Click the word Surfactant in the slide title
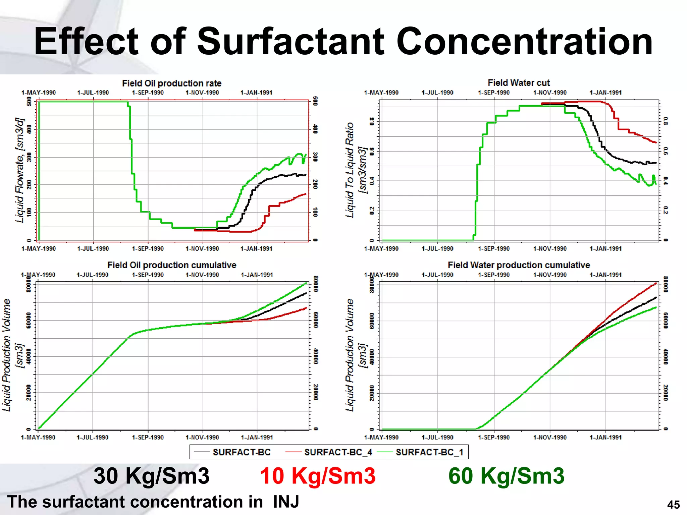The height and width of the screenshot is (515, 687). click(290, 42)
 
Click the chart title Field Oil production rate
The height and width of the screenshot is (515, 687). click(171, 83)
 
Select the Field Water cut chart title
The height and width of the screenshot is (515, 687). click(519, 82)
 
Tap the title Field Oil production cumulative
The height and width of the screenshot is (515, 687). click(171, 265)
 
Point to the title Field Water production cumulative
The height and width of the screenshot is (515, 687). click(519, 265)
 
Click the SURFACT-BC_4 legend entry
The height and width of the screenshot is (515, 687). click(338, 452)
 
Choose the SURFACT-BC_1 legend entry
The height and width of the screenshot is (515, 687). click(429, 452)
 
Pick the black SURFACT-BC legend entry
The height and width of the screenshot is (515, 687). click(242, 452)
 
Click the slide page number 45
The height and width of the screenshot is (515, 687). click(673, 505)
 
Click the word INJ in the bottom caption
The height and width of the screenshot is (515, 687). click(286, 502)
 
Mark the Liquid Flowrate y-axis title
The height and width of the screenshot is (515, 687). click(20, 170)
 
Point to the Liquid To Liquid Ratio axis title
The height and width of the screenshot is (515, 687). click(350, 170)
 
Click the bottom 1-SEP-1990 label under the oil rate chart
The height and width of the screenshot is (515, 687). click(148, 248)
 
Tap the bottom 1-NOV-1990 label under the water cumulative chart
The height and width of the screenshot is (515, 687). click(550, 437)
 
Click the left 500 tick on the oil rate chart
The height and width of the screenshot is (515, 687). click(30, 102)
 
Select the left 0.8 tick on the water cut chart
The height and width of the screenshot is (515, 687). click(372, 121)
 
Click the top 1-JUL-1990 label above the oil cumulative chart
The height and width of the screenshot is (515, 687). click(93, 275)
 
